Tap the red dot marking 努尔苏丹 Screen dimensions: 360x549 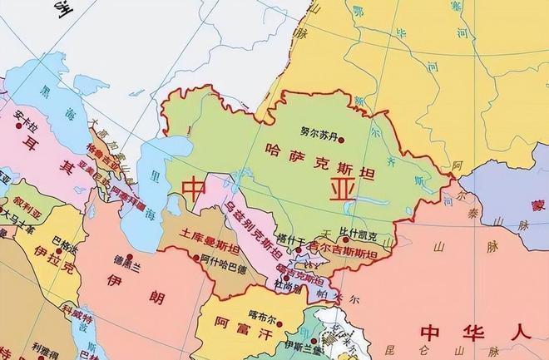[x=339, y=140]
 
